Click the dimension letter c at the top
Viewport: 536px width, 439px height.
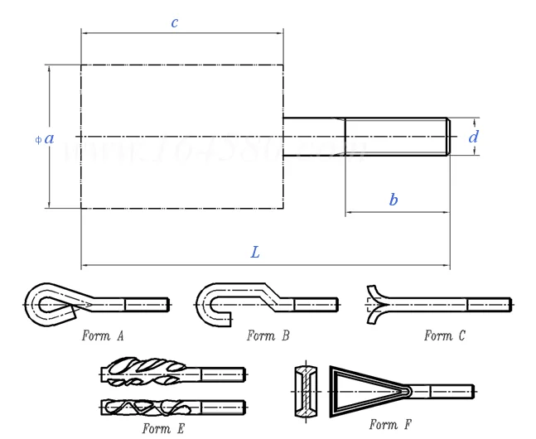tap(175, 22)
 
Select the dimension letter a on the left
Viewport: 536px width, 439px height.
tap(50, 138)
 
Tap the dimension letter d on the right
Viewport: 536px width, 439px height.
tap(473, 137)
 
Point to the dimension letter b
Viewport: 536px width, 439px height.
tap(394, 200)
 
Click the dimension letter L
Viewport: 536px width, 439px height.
tap(255, 252)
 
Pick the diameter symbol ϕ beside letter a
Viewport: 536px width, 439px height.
tap(38, 139)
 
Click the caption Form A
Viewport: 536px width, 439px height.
tap(103, 335)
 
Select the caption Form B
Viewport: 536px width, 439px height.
tap(268, 335)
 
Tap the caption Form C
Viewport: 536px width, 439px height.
tap(445, 335)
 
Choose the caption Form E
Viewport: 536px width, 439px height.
tap(163, 428)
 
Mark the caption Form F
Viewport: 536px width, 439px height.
tap(391, 425)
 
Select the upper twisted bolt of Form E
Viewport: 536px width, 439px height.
tap(144, 374)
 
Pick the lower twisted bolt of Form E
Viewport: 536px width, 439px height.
tap(144, 407)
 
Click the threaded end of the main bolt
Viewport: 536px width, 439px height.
tap(398, 137)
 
